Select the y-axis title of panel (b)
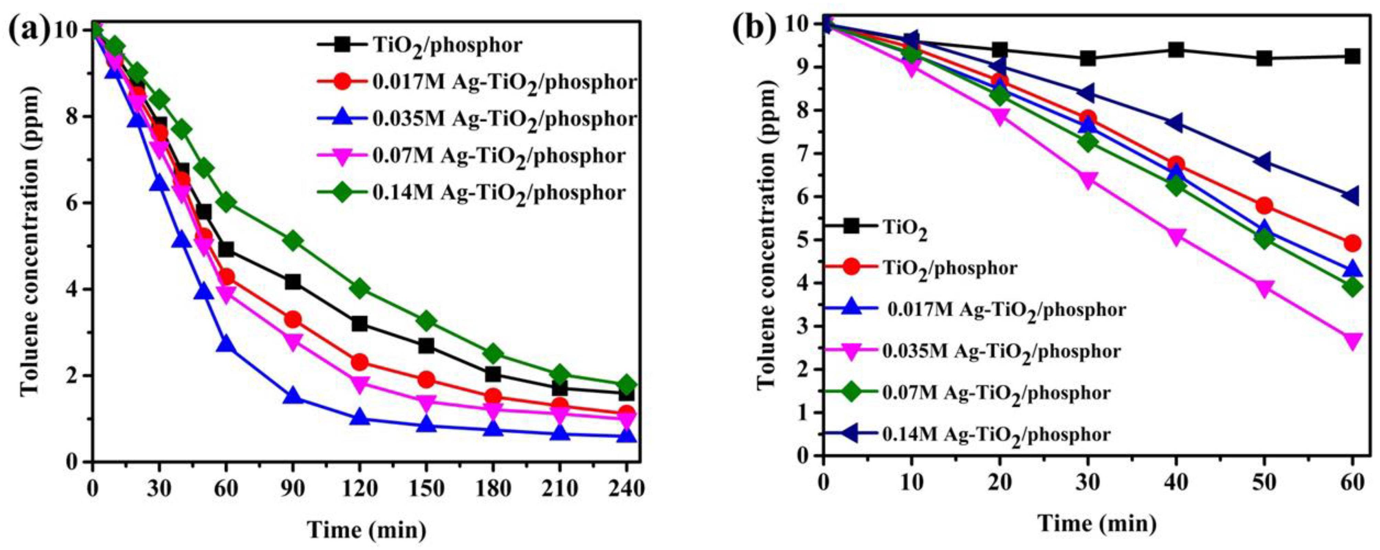click(x=767, y=237)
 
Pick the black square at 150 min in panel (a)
click(x=426, y=345)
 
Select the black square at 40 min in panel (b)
click(x=1176, y=50)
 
